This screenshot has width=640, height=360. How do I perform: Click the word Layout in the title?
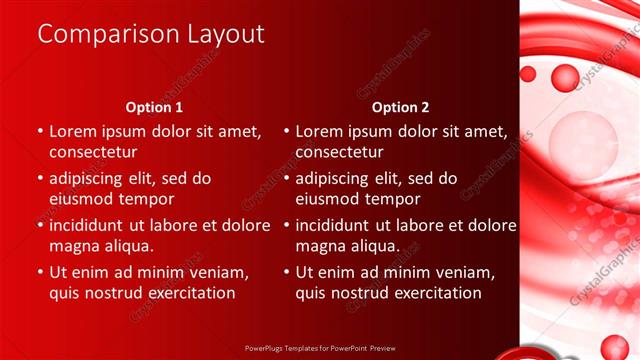tap(226, 34)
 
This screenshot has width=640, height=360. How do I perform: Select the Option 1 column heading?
tap(154, 107)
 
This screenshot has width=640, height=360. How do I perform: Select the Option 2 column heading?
tap(400, 107)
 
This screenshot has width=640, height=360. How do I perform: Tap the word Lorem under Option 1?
tap(72, 130)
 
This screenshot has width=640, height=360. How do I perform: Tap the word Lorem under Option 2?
tap(318, 130)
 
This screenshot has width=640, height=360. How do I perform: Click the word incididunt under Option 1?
tap(92, 225)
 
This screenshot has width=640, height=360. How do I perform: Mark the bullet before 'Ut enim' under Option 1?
tap(39, 271)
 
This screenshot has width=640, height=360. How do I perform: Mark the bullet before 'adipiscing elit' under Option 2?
tap(285, 178)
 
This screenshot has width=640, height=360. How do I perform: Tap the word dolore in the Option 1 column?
tap(243, 225)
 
